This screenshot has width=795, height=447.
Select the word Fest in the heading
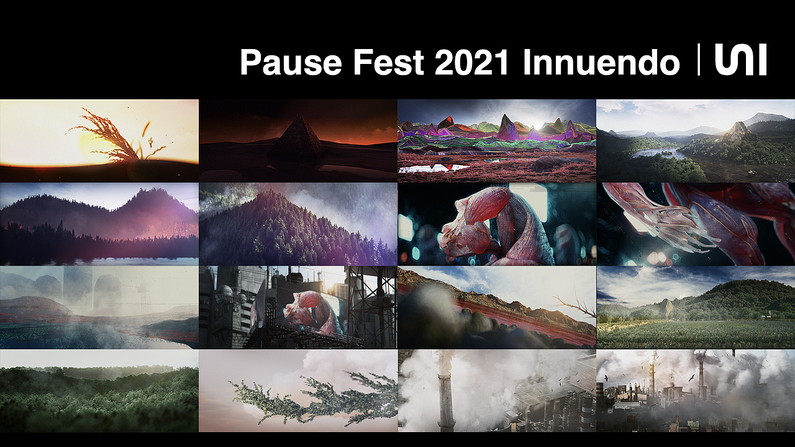(389, 62)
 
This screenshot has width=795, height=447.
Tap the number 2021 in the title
(474, 62)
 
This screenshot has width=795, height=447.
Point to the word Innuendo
(601, 62)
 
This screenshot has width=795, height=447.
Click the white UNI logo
(740, 60)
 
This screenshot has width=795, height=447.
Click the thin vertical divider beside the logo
(700, 60)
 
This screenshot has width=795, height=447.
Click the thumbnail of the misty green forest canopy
(99, 391)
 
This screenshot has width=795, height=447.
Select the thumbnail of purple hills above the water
(99, 223)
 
